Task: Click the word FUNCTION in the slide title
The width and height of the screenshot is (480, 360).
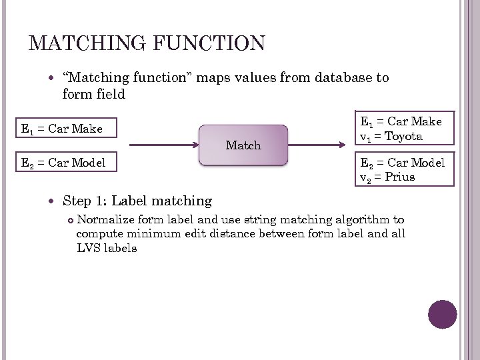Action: coord(209,44)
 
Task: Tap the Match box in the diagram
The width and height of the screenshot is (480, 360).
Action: coord(243,145)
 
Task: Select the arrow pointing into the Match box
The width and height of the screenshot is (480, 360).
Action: coord(163,145)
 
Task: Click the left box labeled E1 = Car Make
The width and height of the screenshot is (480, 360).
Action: coord(67,129)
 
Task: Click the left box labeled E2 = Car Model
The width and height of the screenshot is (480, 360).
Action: coord(67,162)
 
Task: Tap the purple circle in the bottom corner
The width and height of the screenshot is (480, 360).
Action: coord(443,314)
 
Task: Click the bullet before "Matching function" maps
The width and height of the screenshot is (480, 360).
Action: coord(53,78)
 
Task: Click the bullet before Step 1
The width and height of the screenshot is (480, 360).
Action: coord(53,201)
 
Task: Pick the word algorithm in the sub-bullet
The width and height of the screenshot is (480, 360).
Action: coord(364,220)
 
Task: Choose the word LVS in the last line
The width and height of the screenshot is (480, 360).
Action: coord(88,249)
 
